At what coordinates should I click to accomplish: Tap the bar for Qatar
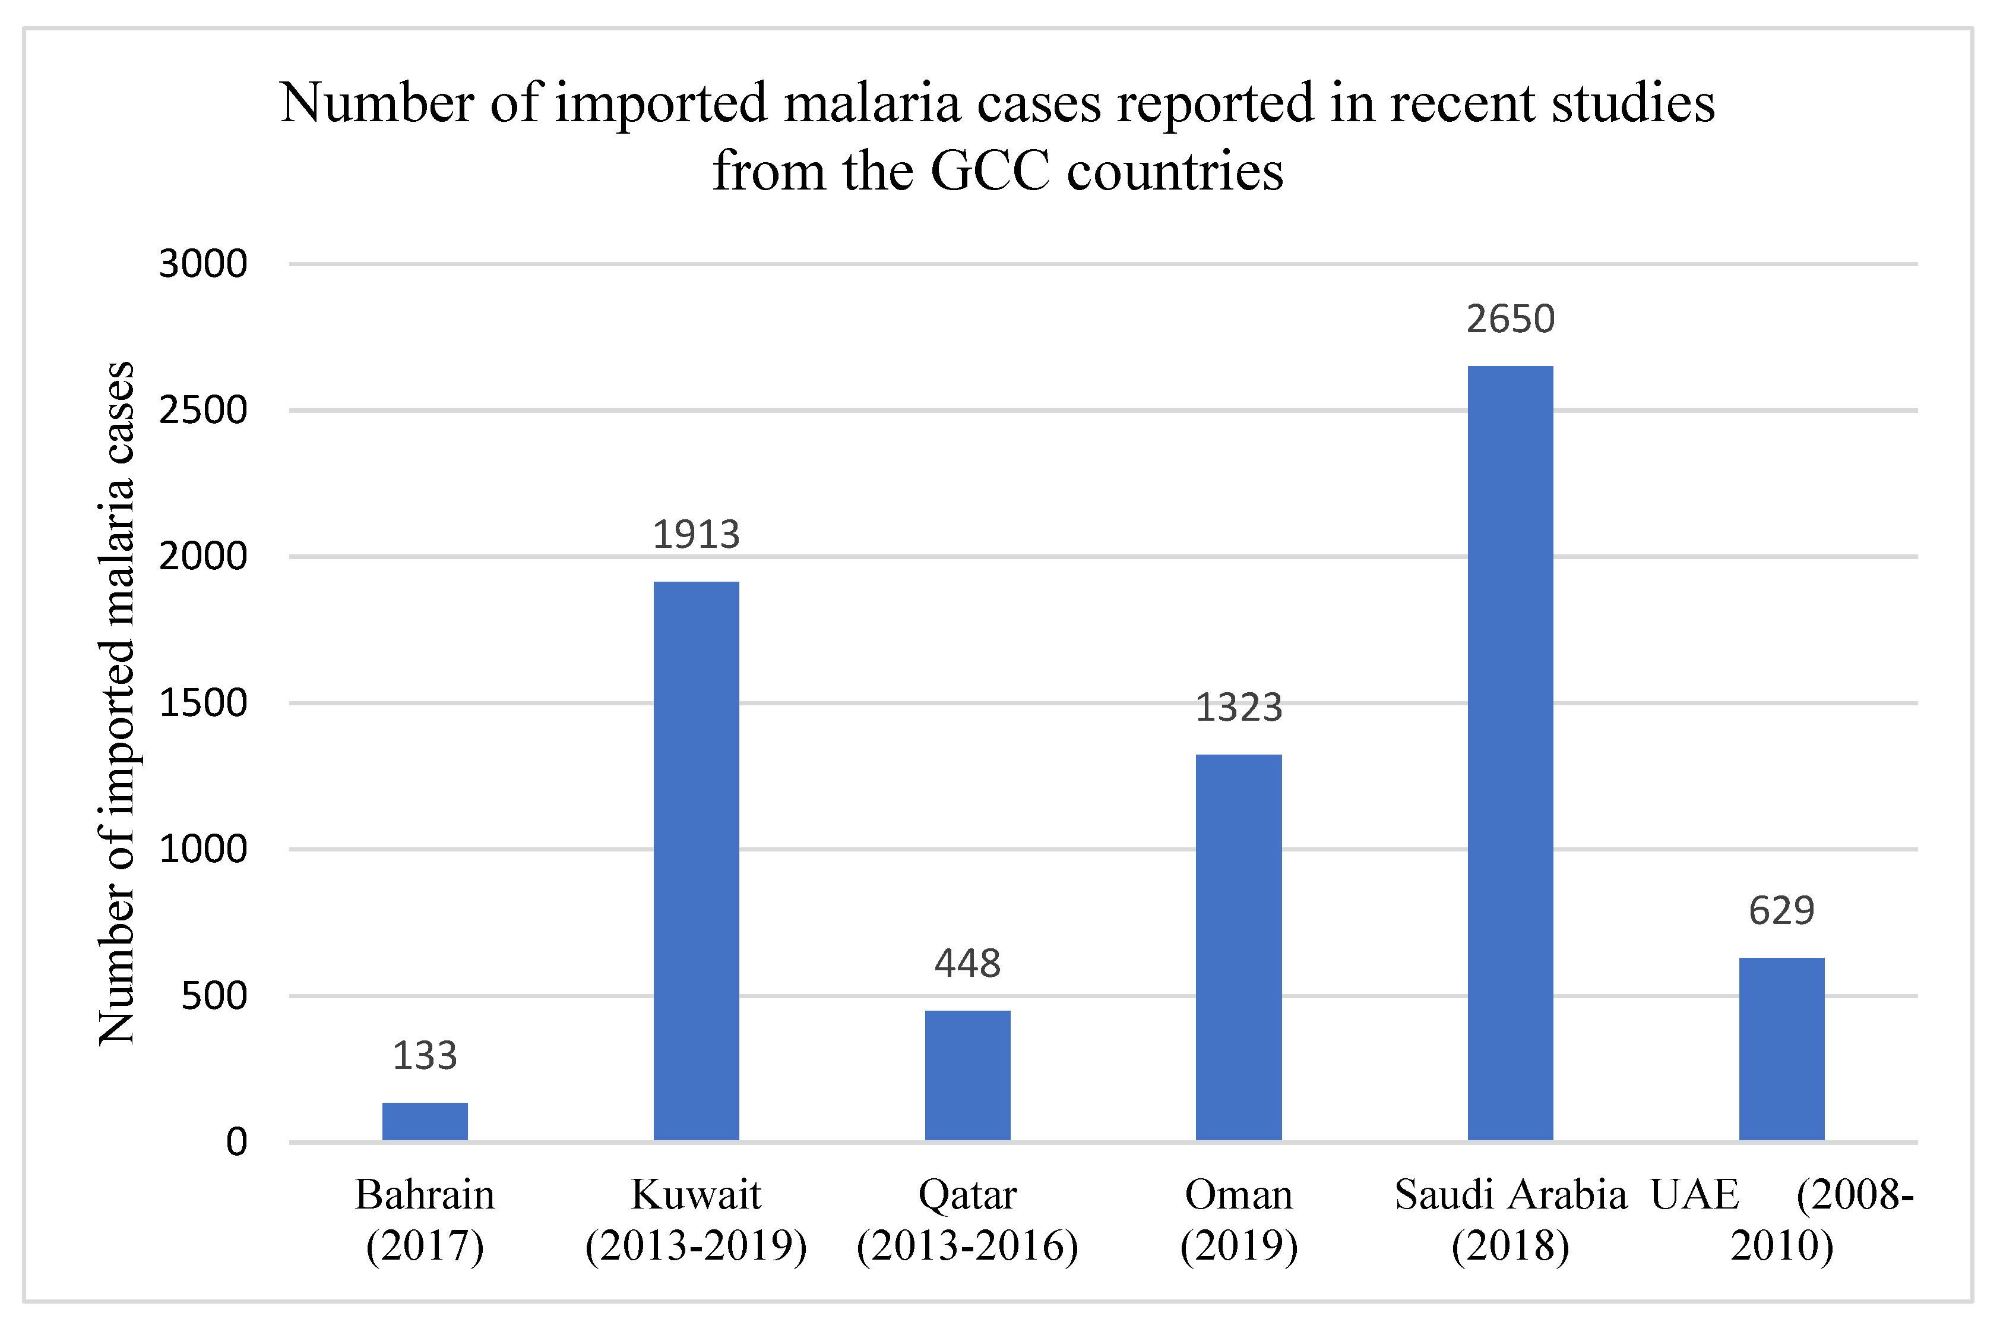point(967,1075)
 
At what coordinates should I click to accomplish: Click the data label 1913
point(696,535)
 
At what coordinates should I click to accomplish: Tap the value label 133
point(425,1055)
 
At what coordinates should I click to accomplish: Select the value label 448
point(967,963)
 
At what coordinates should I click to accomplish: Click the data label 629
point(1781,911)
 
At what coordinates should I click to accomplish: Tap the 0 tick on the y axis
point(236,1143)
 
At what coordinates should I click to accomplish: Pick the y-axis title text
point(116,703)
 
